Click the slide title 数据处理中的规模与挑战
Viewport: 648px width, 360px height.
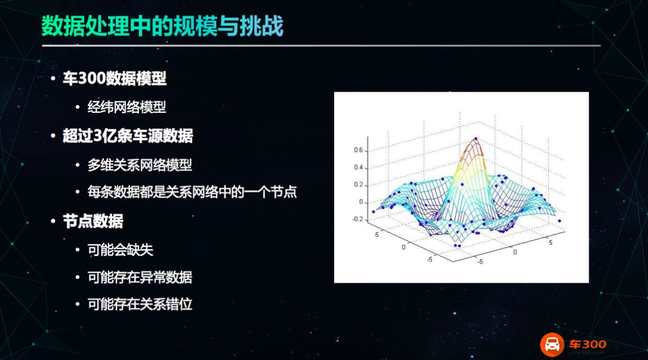point(163,26)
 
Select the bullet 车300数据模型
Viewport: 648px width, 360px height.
point(115,78)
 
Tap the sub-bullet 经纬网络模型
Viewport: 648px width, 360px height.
point(127,107)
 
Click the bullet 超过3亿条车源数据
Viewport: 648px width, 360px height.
point(128,136)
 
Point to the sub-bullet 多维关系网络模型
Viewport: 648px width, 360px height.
point(140,165)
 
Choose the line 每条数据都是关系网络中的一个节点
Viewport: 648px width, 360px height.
point(192,192)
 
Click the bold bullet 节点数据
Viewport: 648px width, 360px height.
point(93,221)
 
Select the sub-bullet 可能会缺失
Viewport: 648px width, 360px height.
point(120,250)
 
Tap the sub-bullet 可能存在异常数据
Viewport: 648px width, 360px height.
point(140,277)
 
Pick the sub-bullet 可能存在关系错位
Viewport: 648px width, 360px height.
point(140,304)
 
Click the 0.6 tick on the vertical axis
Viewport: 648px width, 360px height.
point(358,150)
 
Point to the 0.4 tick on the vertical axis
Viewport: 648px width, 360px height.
point(358,167)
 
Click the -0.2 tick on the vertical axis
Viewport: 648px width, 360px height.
point(358,219)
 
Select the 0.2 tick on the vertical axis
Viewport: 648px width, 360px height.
point(358,185)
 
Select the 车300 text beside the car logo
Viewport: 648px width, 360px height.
point(587,344)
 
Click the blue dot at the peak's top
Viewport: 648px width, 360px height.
point(476,139)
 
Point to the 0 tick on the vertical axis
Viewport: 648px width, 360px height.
point(361,202)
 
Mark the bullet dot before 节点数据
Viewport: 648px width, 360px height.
point(53,221)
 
